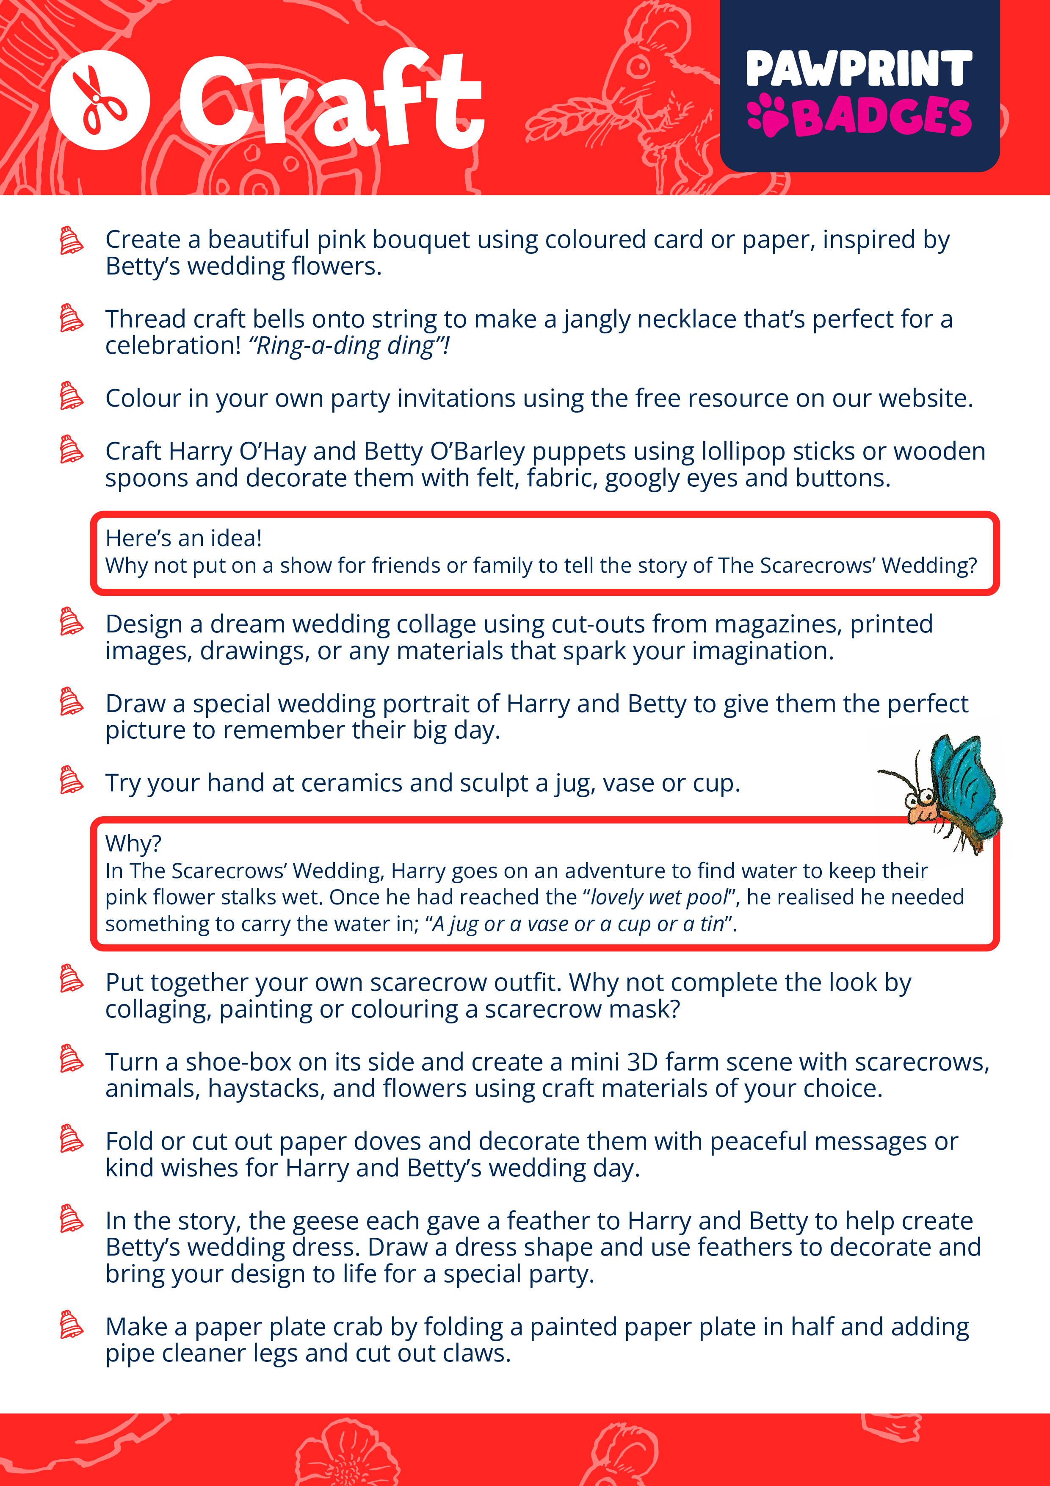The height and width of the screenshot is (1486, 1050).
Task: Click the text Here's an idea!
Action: coord(184,538)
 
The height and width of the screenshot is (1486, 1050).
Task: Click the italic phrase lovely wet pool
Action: coord(659,897)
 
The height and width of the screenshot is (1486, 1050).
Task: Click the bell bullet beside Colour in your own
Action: coord(71,396)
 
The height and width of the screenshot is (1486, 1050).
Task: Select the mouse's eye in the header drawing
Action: coord(638,66)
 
